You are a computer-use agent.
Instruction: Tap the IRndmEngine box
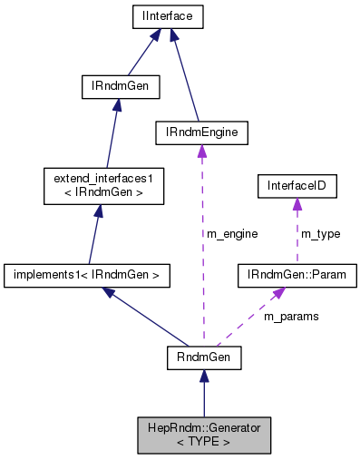[200, 132]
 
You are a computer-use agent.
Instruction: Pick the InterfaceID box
[297, 186]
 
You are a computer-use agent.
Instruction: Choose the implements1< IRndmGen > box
[88, 273]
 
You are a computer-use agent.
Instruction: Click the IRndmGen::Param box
[296, 273]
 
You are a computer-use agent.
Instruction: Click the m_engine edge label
[232, 234]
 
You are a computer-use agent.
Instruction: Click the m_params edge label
[289, 318]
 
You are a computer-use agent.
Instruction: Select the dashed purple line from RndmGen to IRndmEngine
[202, 272]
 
